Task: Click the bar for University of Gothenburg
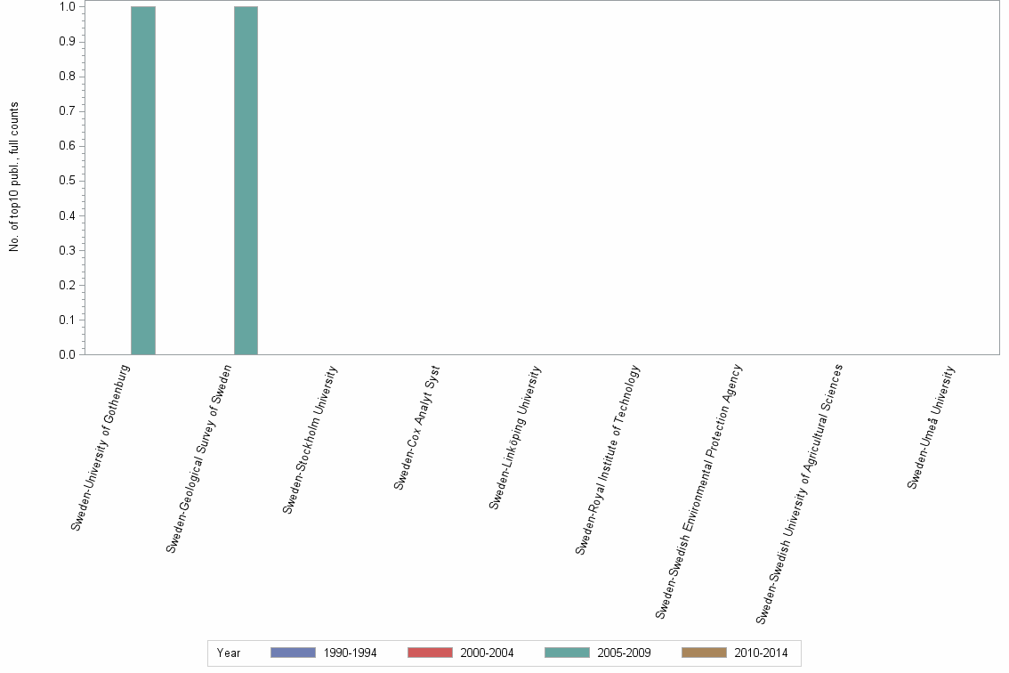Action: [x=143, y=180]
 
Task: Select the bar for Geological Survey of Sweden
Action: [x=246, y=180]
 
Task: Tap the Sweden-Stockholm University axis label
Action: [x=311, y=440]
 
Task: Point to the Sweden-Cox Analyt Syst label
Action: [x=417, y=427]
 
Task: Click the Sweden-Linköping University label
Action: [x=515, y=437]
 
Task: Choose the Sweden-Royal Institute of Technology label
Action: [x=608, y=459]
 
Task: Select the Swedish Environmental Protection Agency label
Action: [x=698, y=491]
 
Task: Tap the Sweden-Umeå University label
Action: [x=932, y=426]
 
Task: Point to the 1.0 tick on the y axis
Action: [x=67, y=7]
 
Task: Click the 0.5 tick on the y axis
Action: [x=67, y=181]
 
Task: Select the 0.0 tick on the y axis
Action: [x=67, y=354]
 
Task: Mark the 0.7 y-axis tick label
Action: [x=67, y=111]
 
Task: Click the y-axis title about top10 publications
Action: [x=14, y=176]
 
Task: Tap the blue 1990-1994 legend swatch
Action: [x=293, y=653]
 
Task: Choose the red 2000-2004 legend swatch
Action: [x=430, y=653]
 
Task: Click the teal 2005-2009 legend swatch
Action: [x=567, y=653]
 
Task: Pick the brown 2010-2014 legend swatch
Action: [x=704, y=653]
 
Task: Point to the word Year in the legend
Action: [x=229, y=653]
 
